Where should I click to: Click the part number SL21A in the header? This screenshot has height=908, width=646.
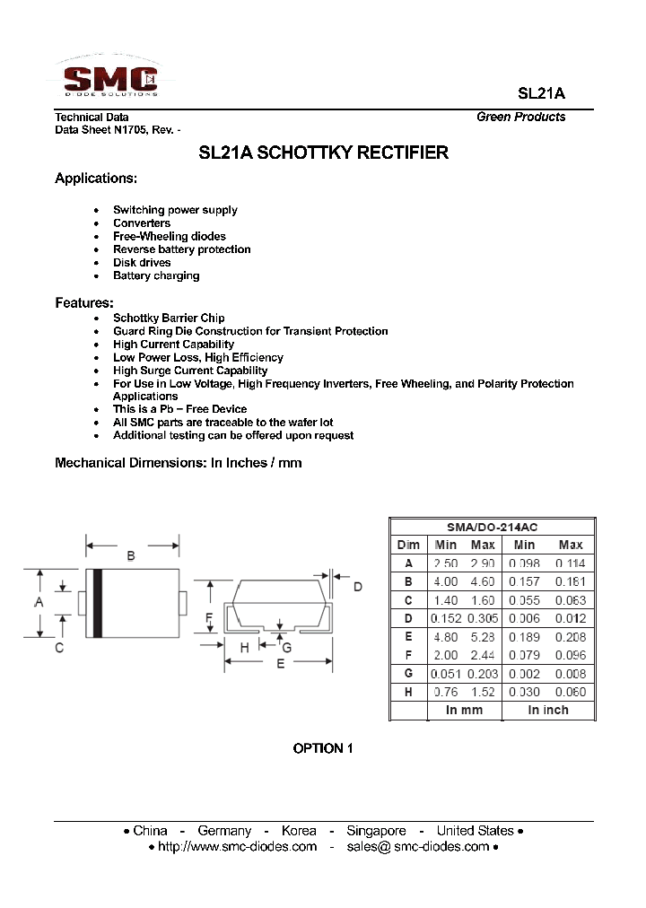click(x=541, y=93)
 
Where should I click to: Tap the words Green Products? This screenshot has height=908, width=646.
click(x=520, y=117)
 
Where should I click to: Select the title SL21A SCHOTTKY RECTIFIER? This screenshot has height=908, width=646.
click(x=323, y=153)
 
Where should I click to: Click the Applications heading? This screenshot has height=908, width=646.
click(x=96, y=179)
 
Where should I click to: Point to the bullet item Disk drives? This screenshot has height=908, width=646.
click(x=142, y=263)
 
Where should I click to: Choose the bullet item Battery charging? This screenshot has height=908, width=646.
click(x=156, y=275)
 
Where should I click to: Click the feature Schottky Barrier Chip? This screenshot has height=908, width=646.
click(x=169, y=318)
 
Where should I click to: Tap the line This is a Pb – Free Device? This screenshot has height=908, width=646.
click(x=179, y=409)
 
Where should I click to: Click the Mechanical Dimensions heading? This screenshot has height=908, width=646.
click(x=178, y=463)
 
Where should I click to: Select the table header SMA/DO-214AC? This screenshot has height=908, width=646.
click(x=492, y=527)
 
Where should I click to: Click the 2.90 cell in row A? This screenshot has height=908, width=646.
click(x=483, y=563)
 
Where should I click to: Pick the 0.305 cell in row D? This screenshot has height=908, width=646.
click(x=483, y=618)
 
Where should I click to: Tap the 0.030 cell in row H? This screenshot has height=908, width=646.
click(x=524, y=692)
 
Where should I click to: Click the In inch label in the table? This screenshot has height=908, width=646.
click(x=547, y=710)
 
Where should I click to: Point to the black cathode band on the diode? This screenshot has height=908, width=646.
click(x=98, y=603)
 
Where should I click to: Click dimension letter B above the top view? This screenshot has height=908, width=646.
click(x=131, y=556)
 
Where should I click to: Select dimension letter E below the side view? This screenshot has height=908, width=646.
click(x=280, y=664)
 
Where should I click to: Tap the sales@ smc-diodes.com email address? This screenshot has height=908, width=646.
click(x=417, y=846)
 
